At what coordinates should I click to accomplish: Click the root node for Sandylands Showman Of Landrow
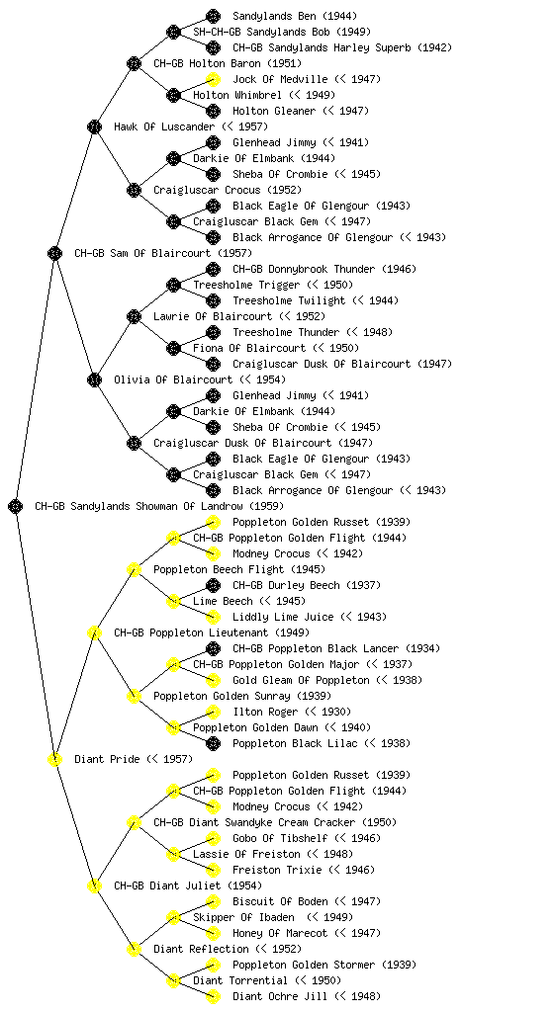tap(16, 506)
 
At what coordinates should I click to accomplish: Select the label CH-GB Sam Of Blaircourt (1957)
tap(163, 253)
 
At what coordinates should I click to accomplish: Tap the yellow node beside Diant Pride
tap(54, 759)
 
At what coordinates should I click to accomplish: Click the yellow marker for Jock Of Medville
tap(213, 79)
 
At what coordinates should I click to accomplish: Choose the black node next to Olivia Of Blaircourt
tap(94, 379)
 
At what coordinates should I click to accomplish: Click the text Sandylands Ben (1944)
tap(295, 16)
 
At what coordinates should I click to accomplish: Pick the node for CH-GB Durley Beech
tap(213, 585)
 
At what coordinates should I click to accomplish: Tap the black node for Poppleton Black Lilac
tap(213, 743)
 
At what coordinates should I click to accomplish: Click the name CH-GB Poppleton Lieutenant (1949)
tap(212, 632)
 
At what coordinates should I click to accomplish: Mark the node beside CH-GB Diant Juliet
tap(94, 885)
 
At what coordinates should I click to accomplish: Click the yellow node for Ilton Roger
tap(213, 712)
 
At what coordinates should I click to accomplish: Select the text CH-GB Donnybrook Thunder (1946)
tap(324, 269)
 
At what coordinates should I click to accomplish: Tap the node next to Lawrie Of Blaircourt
tap(134, 316)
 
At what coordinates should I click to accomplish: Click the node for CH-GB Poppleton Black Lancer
tap(213, 648)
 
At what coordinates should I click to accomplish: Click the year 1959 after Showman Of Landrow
tap(267, 506)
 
